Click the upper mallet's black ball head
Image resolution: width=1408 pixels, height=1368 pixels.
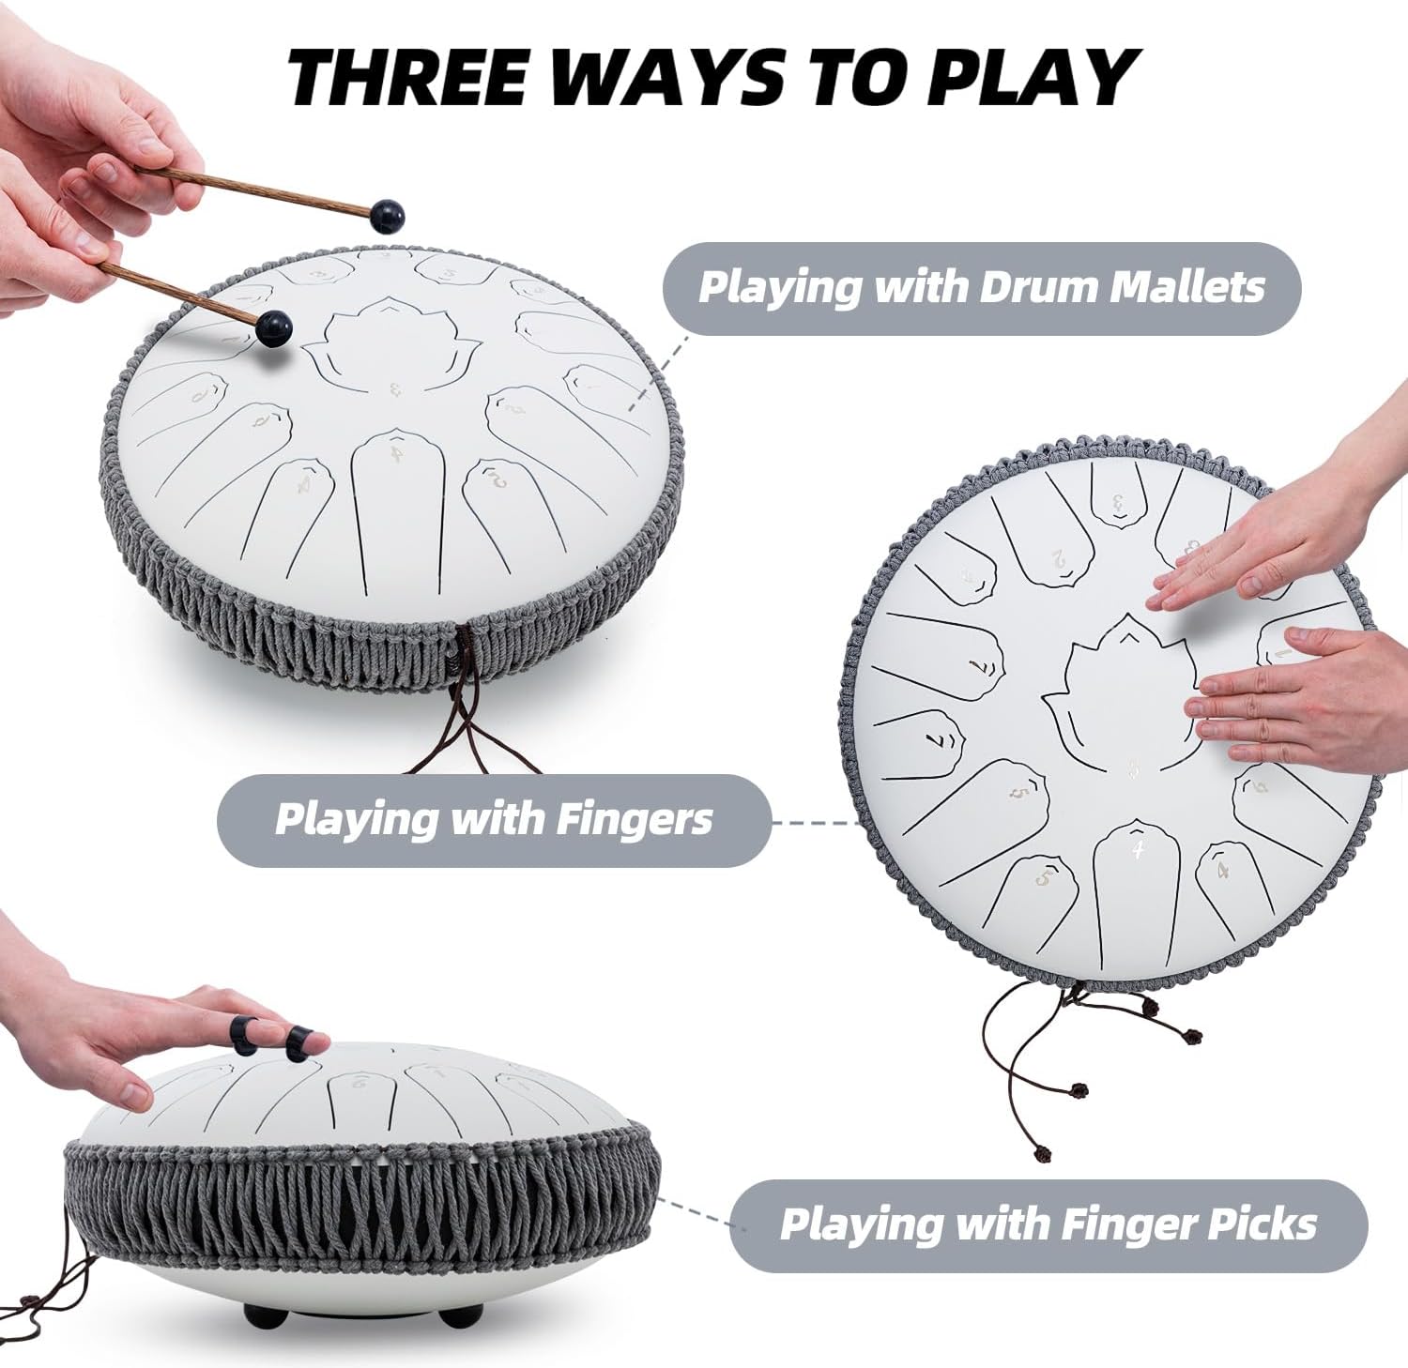point(389,217)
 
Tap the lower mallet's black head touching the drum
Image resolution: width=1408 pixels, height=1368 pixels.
point(273,327)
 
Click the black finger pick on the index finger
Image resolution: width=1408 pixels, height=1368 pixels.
point(298,1043)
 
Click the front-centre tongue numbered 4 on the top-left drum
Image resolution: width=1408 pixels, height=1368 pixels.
point(398,497)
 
